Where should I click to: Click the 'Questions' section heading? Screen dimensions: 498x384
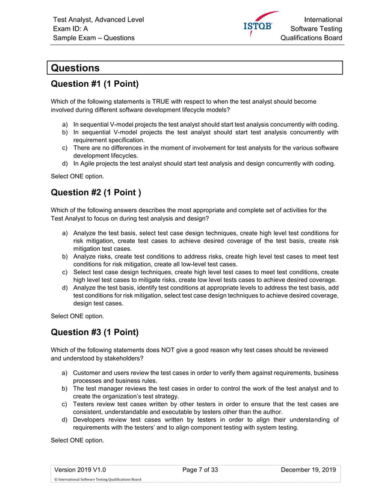pyautogui.click(x=75, y=68)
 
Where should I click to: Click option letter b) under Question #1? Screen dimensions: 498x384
pyautogui.click(x=64, y=131)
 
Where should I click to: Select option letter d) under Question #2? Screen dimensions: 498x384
pyautogui.click(x=64, y=288)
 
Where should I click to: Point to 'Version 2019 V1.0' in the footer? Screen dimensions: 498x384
pyautogui.click(x=81, y=470)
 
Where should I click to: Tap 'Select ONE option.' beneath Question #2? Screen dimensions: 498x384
pyautogui.click(x=78, y=316)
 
